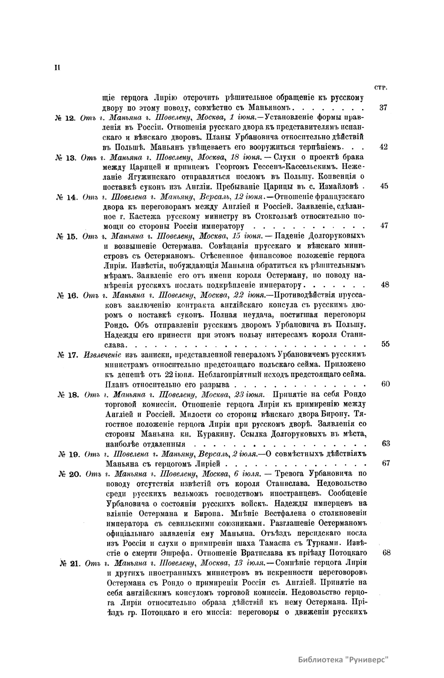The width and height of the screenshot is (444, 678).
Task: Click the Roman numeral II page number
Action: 57,67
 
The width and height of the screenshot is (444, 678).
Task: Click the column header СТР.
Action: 381,88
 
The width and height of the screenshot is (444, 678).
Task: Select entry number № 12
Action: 65,118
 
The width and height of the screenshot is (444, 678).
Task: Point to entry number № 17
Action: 67,355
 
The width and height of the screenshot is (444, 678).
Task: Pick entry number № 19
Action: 69,454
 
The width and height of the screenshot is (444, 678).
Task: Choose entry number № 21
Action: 70,564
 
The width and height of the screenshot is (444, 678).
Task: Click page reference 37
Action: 383,108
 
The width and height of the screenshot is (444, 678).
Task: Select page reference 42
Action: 384,147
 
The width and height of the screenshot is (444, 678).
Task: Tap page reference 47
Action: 384,226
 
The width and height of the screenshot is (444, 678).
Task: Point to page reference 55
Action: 385,344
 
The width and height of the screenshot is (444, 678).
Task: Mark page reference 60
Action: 385,384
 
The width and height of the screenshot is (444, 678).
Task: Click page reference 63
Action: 385,443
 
